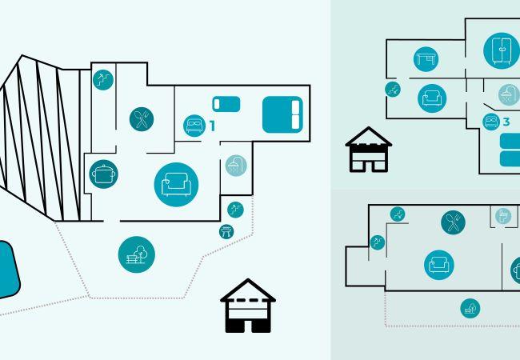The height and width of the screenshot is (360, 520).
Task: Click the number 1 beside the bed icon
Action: coord(212,126)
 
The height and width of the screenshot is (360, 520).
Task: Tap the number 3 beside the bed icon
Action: coord(506,122)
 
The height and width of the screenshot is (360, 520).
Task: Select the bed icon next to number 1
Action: coord(194,126)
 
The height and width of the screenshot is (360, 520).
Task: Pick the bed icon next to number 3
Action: coord(491,122)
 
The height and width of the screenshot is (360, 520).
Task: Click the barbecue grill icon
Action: coord(226,231)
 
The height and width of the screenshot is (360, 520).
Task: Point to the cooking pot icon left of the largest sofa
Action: coord(103,174)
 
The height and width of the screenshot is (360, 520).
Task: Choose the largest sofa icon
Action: coord(176,185)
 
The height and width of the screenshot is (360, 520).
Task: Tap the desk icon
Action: coord(426,59)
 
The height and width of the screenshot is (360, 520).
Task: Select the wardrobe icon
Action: coord(502,50)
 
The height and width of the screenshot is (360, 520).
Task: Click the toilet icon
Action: coord(503,216)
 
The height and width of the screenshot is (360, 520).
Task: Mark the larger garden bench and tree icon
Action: coord(137,254)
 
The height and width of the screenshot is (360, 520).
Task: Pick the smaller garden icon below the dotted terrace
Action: coord(470,308)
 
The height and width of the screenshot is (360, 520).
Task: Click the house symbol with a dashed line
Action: coord(248,306)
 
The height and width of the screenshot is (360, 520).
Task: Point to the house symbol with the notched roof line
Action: coord(369,150)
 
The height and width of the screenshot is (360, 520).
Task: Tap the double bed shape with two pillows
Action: coord(282,114)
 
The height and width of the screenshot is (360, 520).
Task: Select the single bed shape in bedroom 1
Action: coord(226,104)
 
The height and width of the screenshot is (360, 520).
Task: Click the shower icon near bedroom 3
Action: coord(509,95)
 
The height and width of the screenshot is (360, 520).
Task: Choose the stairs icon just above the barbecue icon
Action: coord(235,210)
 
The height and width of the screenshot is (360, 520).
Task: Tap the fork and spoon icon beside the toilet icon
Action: coord(454,222)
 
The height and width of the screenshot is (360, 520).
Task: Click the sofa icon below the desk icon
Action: coord(432,98)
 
